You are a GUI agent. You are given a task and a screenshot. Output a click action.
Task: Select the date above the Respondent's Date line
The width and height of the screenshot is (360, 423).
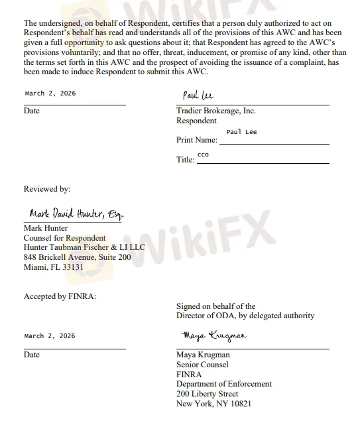point(50,93)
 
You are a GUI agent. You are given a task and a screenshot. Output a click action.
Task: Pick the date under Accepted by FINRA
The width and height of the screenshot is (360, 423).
point(50,336)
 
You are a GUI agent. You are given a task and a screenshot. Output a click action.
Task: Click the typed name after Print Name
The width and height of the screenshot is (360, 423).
point(241,132)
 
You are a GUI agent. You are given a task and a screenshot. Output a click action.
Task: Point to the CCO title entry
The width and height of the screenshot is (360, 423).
point(203,154)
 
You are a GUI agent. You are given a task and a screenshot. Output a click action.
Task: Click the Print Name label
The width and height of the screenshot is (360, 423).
point(197,140)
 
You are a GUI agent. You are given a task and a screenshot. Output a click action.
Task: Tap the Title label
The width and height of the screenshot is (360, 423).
point(186,160)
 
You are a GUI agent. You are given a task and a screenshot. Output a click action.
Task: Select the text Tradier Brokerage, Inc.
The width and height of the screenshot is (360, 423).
point(216,111)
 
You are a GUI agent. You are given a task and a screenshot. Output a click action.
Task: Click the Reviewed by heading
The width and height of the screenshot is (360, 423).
point(47,189)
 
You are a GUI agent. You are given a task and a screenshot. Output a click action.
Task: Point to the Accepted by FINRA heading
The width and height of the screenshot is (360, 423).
point(60,296)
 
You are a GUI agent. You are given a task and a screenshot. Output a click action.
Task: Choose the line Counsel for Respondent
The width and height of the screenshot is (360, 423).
point(64,238)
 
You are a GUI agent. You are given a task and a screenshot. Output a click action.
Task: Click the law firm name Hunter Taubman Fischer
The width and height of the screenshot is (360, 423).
point(84,247)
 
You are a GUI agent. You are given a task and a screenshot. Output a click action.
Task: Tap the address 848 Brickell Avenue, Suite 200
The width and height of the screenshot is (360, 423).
point(77,257)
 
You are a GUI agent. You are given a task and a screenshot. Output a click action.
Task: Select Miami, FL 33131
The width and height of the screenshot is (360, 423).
point(54,267)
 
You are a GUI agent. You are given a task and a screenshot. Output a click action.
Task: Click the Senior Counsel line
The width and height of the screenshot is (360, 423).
point(202,364)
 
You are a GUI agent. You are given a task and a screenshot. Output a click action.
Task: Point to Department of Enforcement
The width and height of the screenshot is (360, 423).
point(223,383)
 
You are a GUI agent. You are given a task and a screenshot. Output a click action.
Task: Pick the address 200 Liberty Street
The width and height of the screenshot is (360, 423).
point(208,393)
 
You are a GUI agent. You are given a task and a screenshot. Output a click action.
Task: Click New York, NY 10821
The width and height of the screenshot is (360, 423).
point(214,403)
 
